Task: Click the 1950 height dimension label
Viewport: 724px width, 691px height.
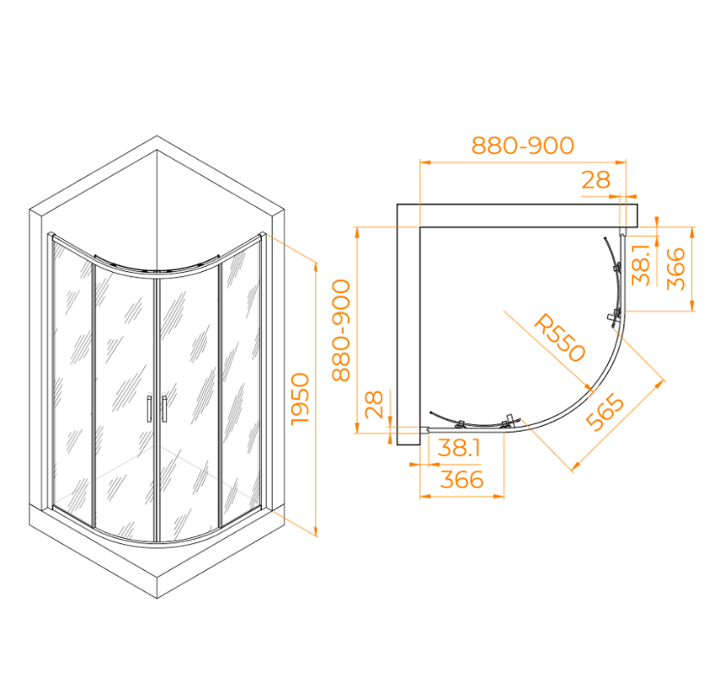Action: [300, 399]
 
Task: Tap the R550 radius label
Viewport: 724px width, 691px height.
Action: [559, 338]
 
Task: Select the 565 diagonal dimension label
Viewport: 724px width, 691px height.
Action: [605, 412]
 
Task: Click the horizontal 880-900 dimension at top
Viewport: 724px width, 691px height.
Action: [523, 145]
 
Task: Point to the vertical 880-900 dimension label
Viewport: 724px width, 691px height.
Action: [341, 330]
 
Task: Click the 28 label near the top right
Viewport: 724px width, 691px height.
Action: [595, 180]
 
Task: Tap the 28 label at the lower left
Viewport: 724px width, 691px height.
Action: [374, 404]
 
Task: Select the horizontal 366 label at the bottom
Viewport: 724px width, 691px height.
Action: [461, 479]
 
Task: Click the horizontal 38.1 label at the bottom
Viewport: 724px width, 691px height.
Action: [459, 447]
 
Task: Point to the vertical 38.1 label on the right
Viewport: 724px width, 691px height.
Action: [642, 264]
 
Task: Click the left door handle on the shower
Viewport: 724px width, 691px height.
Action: [149, 408]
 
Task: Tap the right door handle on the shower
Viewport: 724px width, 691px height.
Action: [164, 408]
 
